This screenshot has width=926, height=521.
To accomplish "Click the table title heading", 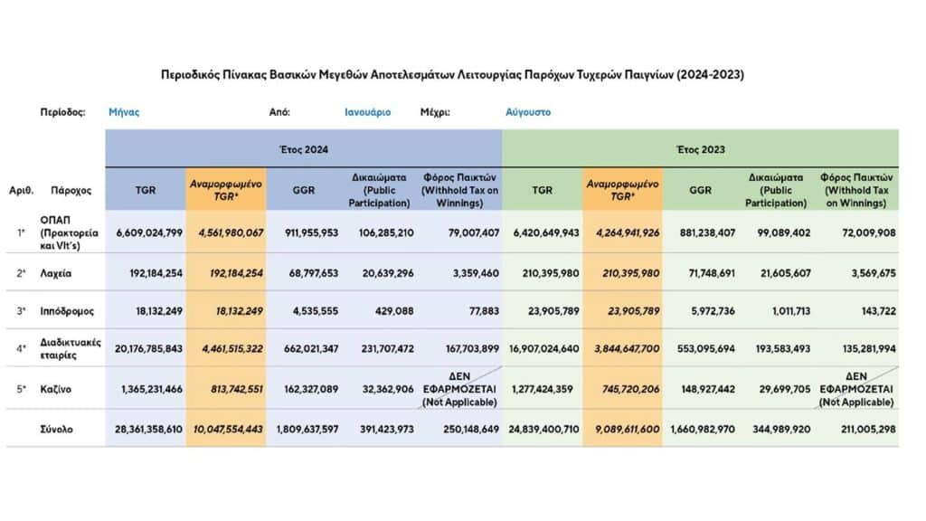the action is (x=452, y=75).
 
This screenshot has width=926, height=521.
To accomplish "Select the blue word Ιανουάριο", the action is (x=367, y=112).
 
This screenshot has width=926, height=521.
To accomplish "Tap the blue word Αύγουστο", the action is (x=528, y=112).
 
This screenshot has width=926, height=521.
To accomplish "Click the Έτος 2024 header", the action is (x=304, y=149).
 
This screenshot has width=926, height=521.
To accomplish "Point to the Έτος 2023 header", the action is (x=701, y=149).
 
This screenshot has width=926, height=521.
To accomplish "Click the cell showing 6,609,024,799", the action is (x=149, y=232).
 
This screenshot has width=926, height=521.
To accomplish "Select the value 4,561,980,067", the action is (x=231, y=232).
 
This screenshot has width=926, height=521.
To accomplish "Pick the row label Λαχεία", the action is (x=55, y=273).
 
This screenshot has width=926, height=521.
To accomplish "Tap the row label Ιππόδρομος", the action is (x=67, y=311).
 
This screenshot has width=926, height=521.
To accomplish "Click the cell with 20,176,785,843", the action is (x=149, y=349).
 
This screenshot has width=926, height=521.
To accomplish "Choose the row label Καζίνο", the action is (x=55, y=389).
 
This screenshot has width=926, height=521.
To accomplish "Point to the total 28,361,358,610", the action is (x=149, y=430).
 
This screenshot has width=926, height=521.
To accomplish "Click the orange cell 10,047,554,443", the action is (x=228, y=430).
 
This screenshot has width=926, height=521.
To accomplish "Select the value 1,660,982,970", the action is (x=703, y=430).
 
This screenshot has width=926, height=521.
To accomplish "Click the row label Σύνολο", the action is (x=57, y=430).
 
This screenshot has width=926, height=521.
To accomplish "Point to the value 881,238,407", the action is (x=707, y=232).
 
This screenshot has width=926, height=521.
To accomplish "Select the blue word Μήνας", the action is (x=124, y=112).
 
